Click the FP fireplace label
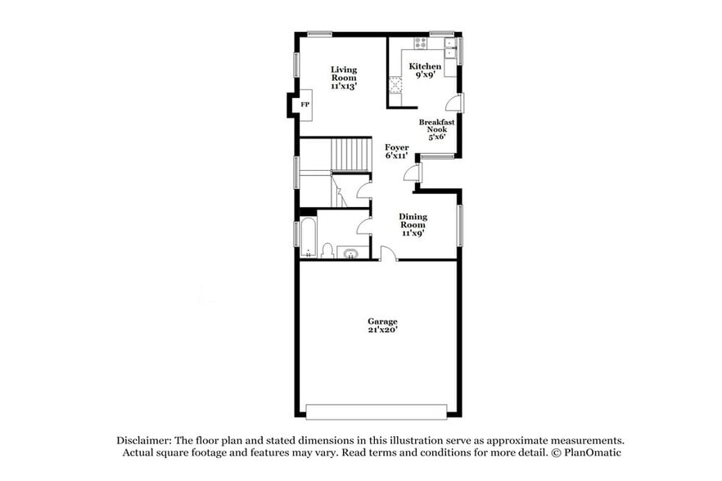[x=304, y=105]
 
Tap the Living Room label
[x=344, y=77]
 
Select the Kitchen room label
[x=425, y=70]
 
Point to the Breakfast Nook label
[x=436, y=129]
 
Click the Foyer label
[x=397, y=151]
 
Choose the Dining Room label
[x=413, y=224]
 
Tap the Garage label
[x=382, y=326]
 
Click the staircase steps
[x=352, y=154]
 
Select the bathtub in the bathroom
[x=308, y=236]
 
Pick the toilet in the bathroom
[x=327, y=250]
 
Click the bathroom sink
[x=352, y=253]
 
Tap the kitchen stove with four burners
[x=420, y=43]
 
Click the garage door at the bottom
[x=377, y=410]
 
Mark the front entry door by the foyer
[x=412, y=173]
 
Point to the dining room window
[x=459, y=225]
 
